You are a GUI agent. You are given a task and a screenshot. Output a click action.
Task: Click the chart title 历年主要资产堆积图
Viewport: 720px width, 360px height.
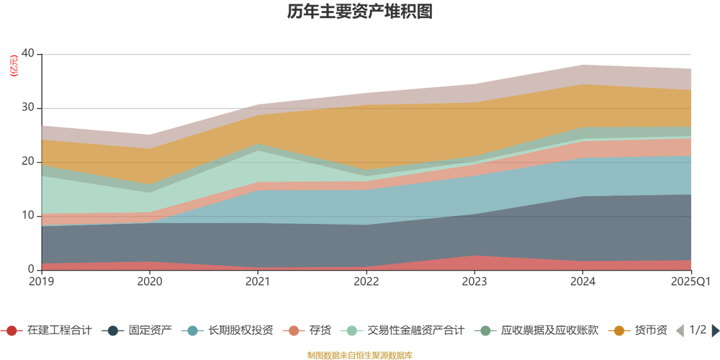coord(359,12)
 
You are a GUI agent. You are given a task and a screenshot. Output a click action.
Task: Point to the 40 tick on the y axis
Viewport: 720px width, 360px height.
coord(28,54)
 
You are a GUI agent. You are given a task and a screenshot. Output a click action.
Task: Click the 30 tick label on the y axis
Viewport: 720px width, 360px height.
coord(28,108)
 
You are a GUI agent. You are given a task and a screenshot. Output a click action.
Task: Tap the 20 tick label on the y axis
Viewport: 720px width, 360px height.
coord(28,162)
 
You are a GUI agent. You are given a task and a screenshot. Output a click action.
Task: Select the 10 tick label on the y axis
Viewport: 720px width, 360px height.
coord(28,216)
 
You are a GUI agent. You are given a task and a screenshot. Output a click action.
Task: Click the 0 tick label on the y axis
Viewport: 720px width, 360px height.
coord(31,270)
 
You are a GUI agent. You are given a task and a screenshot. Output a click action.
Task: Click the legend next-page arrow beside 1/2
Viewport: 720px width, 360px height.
coord(715,330)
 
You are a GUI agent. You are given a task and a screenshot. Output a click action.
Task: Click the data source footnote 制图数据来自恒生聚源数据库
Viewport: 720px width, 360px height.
coord(359,355)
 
